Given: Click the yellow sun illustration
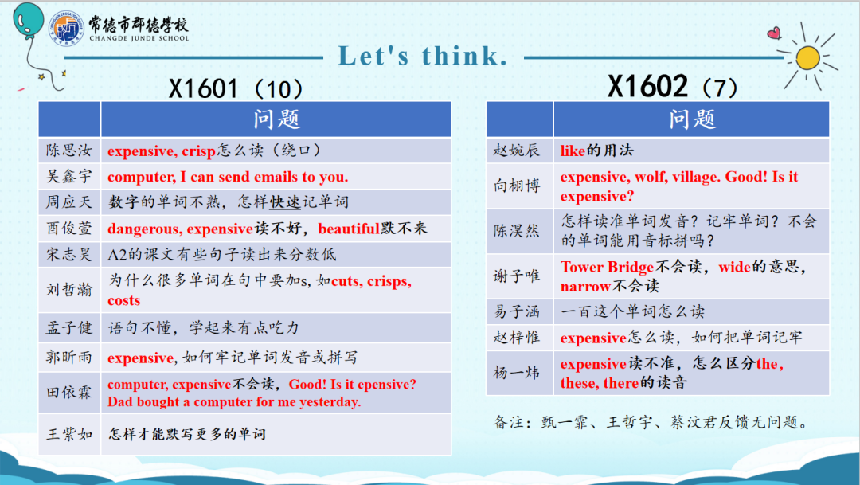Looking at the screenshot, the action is [x=807, y=58].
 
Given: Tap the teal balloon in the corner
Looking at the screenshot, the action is [x=29, y=21].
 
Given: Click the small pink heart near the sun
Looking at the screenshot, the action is [x=774, y=33].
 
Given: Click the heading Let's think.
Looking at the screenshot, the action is [x=422, y=56].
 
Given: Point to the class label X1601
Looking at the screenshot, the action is [x=203, y=88].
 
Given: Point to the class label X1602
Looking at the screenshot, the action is [x=647, y=86].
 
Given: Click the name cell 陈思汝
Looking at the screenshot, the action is [x=69, y=151].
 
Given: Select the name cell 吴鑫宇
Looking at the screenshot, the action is [x=69, y=176].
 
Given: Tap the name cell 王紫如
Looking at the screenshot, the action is [x=69, y=434].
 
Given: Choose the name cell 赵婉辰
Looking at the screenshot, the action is [x=517, y=150].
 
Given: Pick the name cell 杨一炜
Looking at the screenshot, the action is [x=517, y=373].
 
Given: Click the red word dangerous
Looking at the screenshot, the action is [x=144, y=229].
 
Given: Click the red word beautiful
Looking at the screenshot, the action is [x=349, y=229].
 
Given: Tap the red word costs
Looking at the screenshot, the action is [x=124, y=301].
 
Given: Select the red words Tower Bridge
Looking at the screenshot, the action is [x=607, y=268].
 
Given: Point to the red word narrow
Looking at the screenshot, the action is [x=585, y=287].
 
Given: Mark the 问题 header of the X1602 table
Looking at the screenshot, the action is [x=692, y=119].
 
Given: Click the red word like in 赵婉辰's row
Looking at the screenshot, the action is [x=573, y=151].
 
